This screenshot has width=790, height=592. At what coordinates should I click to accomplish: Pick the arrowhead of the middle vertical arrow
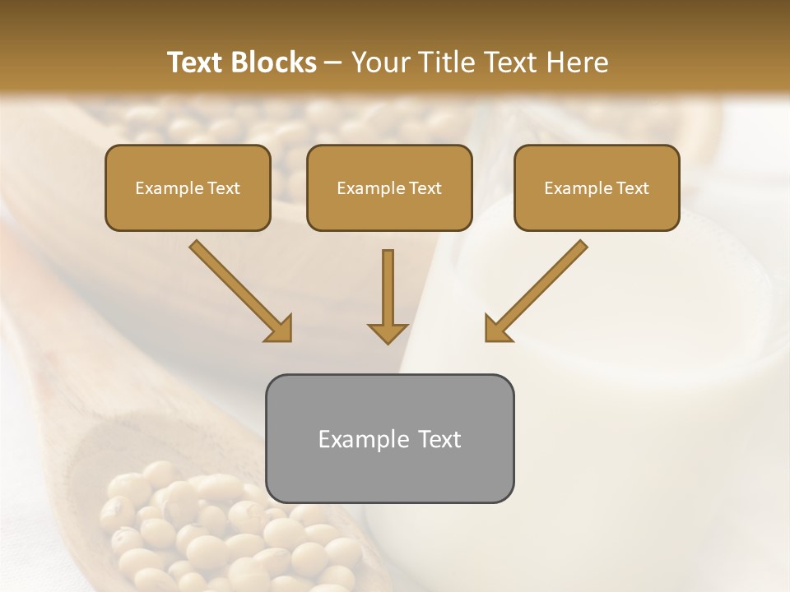[x=388, y=333]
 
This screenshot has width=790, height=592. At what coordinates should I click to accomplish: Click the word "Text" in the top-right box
[x=633, y=188]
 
